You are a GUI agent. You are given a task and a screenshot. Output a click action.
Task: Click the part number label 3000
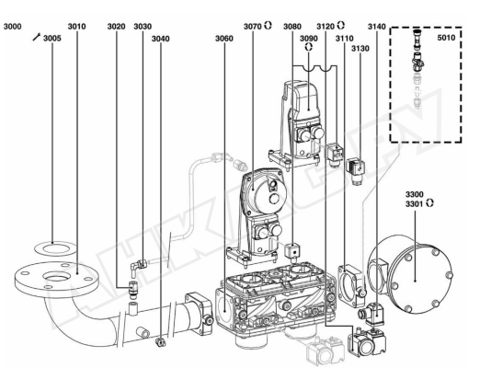click(x=13, y=27)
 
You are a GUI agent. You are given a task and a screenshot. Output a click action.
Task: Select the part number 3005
click(x=52, y=39)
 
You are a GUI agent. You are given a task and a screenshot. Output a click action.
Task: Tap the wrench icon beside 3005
click(x=37, y=37)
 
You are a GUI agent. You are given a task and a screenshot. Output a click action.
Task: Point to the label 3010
click(x=76, y=27)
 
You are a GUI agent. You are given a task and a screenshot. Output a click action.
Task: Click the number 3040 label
click(x=161, y=39)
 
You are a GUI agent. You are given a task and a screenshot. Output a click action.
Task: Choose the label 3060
click(x=224, y=39)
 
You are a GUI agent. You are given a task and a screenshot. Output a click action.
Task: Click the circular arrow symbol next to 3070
click(x=268, y=26)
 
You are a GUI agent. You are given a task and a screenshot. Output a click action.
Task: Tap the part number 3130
click(x=360, y=49)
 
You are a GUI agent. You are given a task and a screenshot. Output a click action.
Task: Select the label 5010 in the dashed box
click(x=446, y=38)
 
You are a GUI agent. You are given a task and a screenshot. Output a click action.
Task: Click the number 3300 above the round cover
click(x=415, y=194)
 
